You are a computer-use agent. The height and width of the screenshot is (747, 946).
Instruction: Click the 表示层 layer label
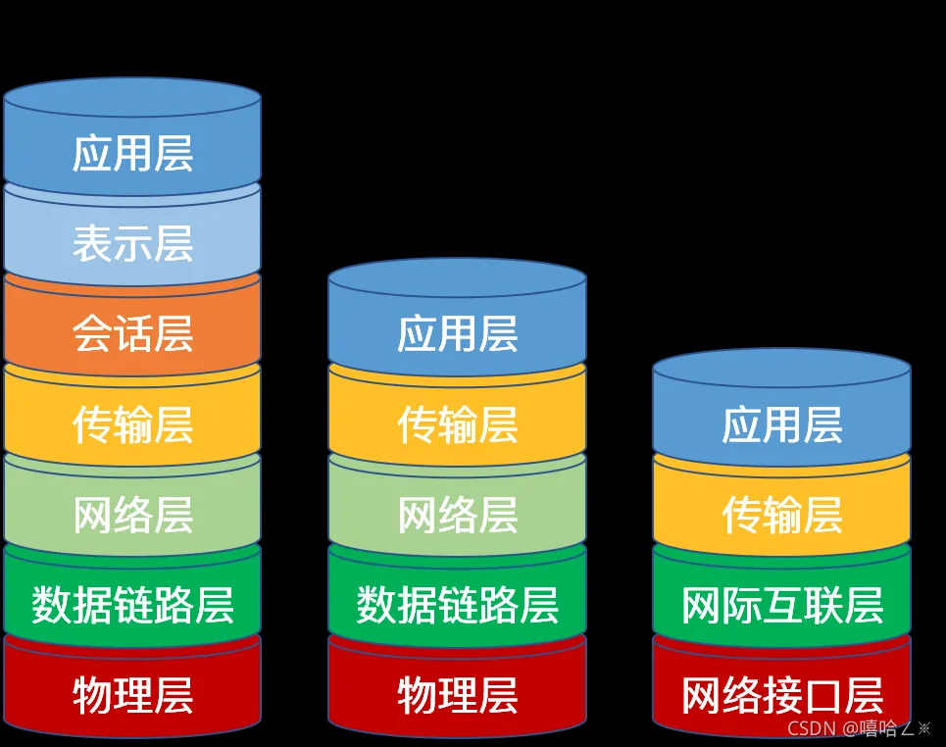click(132, 244)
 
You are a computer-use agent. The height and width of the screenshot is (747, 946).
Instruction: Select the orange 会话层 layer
click(132, 334)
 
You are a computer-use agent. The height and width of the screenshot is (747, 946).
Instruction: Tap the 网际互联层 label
click(781, 606)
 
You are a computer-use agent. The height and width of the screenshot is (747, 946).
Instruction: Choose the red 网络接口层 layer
click(781, 696)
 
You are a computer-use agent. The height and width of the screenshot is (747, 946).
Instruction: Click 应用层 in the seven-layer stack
click(132, 154)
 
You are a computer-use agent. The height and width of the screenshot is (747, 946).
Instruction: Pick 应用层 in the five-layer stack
click(457, 334)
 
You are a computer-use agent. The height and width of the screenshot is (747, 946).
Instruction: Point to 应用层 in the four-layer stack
click(781, 425)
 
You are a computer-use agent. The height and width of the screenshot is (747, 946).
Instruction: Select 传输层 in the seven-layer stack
click(132, 425)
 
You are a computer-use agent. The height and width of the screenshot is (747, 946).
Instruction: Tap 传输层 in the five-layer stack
click(457, 425)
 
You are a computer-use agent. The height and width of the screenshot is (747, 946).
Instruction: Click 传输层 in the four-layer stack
click(781, 516)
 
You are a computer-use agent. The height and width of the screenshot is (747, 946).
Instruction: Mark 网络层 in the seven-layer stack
click(132, 516)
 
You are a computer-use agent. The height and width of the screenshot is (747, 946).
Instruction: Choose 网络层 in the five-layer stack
click(457, 516)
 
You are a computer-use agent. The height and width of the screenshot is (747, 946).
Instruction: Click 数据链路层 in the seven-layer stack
click(132, 606)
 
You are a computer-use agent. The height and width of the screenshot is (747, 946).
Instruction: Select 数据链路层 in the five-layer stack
click(457, 606)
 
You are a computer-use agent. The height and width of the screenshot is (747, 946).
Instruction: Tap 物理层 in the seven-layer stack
click(132, 696)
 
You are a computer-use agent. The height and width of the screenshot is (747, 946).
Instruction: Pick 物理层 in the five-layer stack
click(457, 696)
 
